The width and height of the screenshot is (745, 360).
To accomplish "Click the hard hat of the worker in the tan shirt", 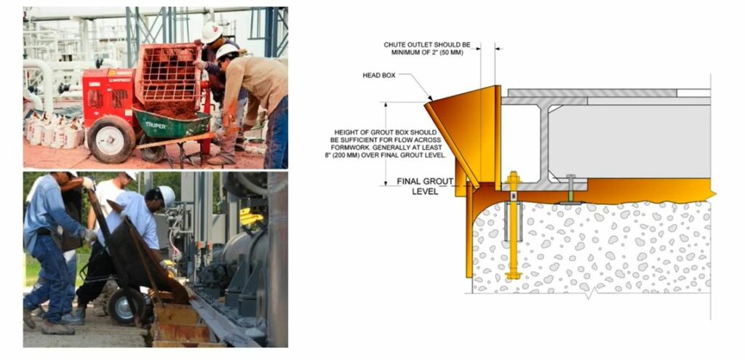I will point(227,51).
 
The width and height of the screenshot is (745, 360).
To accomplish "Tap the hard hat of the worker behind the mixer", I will point(211,32).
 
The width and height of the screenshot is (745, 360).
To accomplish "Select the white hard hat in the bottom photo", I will point(167,196).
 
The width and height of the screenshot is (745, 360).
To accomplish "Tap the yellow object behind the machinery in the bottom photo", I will point(251,217).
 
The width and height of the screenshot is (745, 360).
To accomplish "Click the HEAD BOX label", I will point(378,75).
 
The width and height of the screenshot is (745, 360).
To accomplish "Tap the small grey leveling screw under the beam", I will point(570,188).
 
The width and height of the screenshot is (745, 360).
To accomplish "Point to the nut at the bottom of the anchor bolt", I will point(513,275).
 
